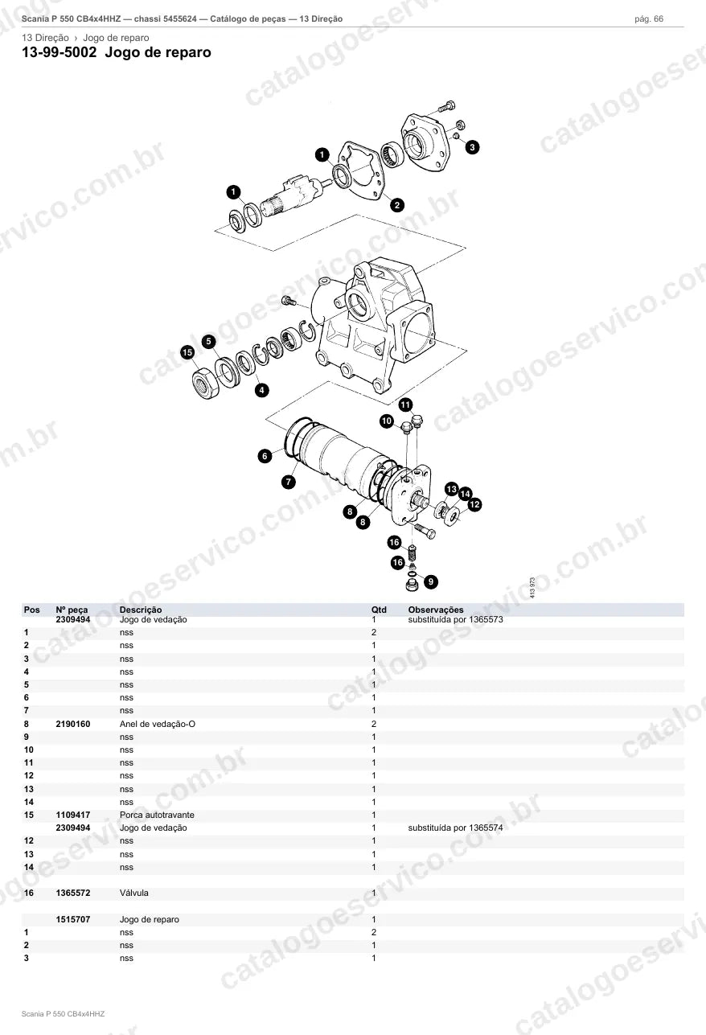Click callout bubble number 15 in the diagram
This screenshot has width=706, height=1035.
(x=187, y=352)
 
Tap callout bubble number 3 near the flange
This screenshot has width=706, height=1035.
(x=472, y=147)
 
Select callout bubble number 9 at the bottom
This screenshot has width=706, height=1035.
(x=431, y=581)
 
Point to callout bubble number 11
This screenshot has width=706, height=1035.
(x=405, y=405)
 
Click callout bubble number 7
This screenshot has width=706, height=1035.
(x=289, y=482)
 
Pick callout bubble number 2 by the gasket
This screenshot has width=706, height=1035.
(x=397, y=205)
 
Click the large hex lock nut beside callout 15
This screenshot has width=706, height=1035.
(x=205, y=383)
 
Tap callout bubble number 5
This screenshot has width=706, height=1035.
(x=208, y=342)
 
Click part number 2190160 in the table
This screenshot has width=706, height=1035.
(x=73, y=724)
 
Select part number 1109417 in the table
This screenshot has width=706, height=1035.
(x=73, y=815)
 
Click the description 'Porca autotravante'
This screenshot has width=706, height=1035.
(x=157, y=815)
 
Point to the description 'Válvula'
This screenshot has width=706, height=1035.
(x=134, y=893)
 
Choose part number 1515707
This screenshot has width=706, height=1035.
(x=73, y=919)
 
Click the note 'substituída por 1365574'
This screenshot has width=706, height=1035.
(x=456, y=828)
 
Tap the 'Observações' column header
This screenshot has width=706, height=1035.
(x=436, y=610)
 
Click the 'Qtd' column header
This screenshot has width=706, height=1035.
(x=379, y=610)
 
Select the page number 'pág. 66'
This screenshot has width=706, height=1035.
(x=649, y=19)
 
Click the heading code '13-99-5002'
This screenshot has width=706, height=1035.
(x=60, y=52)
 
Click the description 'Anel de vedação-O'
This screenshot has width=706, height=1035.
(x=158, y=724)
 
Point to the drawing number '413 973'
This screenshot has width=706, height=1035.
(x=532, y=588)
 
